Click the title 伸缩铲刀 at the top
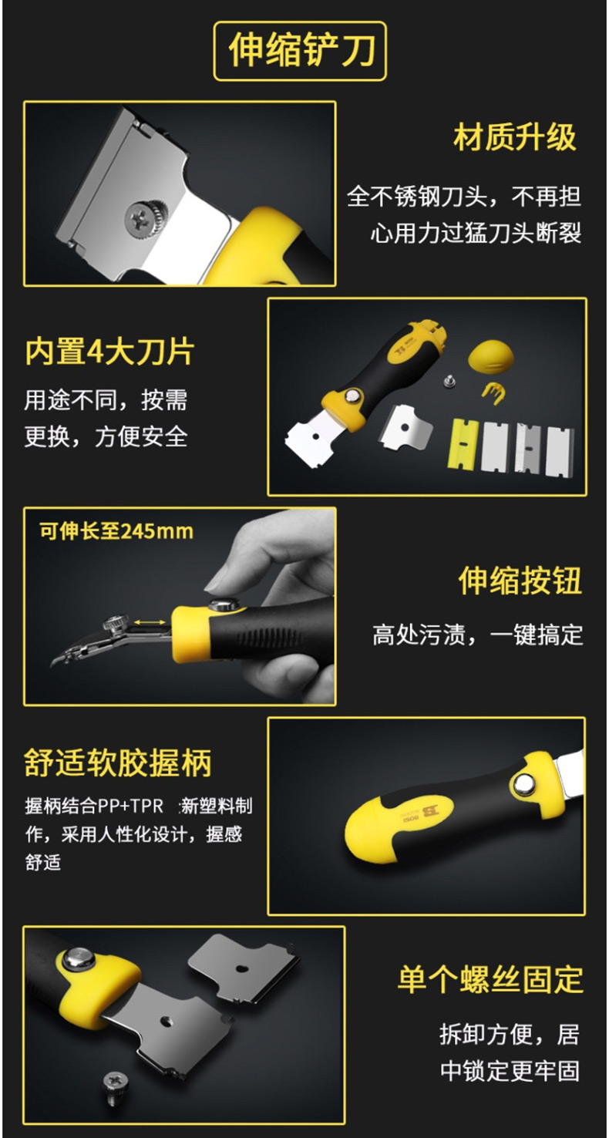click(301, 50)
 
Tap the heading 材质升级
click(514, 136)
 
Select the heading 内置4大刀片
click(109, 351)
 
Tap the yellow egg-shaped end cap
click(490, 357)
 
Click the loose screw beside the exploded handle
click(448, 380)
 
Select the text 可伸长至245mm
click(116, 531)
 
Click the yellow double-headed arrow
click(150, 622)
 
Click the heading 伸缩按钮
click(520, 580)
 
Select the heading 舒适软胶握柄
click(118, 763)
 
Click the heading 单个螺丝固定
click(490, 979)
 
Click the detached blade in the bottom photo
click(243, 968)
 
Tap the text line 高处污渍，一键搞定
click(478, 635)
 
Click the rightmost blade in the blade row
click(560, 450)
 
